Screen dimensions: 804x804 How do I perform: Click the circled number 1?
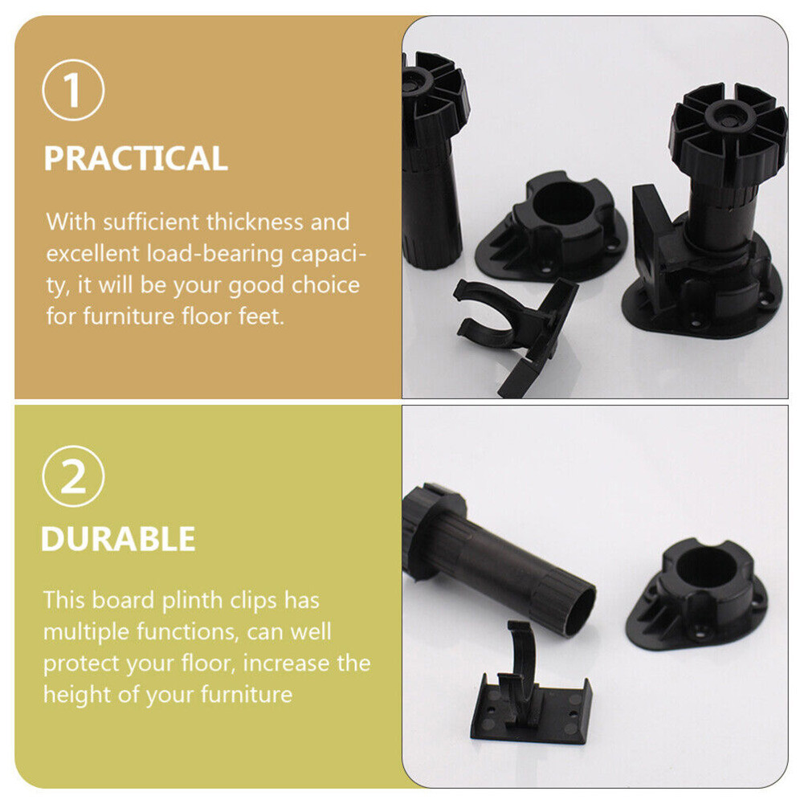[73, 90]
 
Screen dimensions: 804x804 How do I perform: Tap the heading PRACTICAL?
[136, 159]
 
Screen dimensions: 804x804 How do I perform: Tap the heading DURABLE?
[118, 539]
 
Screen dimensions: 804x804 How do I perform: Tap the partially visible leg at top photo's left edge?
[431, 161]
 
